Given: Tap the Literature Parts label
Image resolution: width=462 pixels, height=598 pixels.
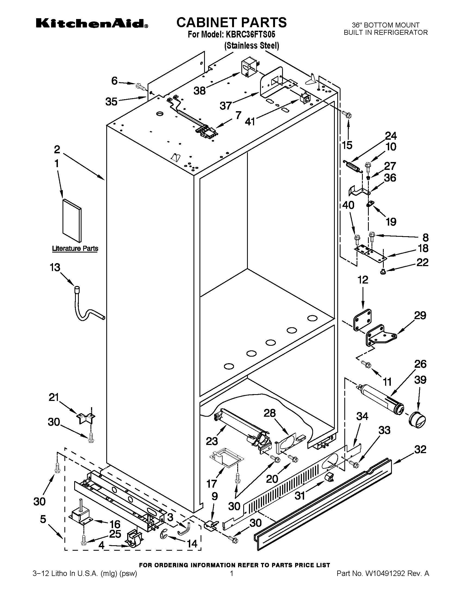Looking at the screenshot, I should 75,248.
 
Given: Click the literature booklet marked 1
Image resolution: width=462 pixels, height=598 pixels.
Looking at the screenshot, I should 72,221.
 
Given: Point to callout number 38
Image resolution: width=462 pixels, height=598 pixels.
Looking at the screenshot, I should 199,91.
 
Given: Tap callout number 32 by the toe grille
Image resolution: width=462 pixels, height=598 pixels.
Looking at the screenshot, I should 420,449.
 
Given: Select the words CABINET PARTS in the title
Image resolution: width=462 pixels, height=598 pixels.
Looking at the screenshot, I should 231,23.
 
